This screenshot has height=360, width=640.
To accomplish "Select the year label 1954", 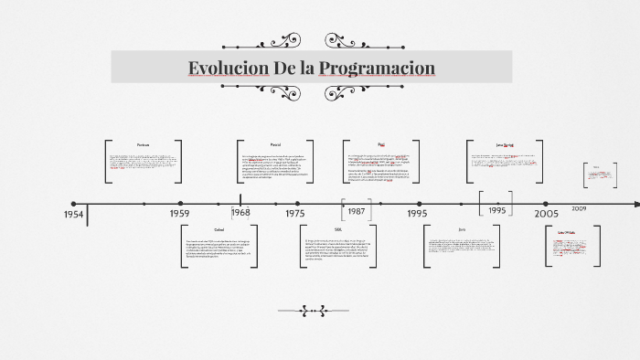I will [74, 214].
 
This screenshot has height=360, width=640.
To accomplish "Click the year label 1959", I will [179, 213].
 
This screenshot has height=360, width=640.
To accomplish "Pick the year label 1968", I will [240, 212].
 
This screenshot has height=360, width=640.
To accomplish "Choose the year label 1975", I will [294, 213].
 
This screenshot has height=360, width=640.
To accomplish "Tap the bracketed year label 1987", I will [357, 211].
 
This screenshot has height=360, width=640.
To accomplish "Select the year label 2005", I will [547, 213].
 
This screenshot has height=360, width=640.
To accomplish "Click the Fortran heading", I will [143, 145].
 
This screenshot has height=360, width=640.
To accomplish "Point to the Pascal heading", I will [275, 145].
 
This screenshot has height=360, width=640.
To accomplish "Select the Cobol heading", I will [219, 229].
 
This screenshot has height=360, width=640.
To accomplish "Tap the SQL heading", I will [338, 229].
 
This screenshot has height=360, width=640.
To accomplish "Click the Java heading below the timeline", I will [462, 229].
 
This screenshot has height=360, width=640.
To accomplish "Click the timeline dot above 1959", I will [180, 204].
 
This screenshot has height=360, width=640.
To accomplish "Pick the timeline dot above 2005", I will [547, 204].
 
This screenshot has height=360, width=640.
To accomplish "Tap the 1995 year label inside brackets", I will [497, 209].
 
